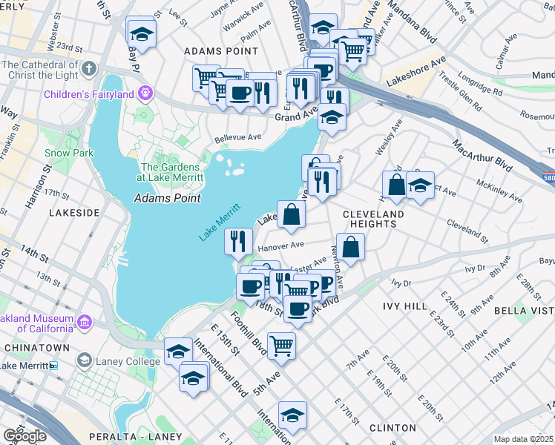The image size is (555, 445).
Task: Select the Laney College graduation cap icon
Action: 84,361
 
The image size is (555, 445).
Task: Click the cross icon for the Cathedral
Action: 89,70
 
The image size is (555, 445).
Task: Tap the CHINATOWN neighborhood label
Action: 36,347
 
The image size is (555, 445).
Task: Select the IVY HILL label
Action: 404,306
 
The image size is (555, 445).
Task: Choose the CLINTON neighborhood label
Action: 392,428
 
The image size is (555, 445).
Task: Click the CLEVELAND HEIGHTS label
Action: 374,219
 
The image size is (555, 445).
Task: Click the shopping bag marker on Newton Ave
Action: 350,246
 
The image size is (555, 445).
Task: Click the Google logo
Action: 24,437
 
